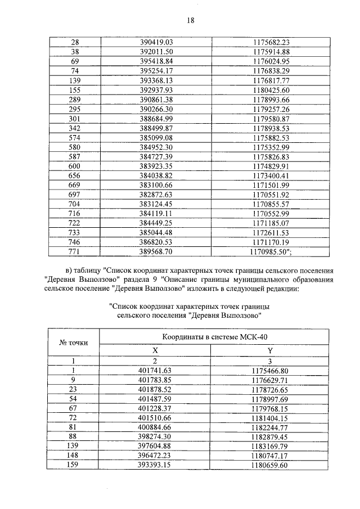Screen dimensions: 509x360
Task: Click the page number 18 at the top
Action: pos(190,20)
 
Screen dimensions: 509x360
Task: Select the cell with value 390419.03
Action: pos(155,42)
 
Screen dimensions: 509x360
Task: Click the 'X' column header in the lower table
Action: pos(155,350)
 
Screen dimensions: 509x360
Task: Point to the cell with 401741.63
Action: pos(155,371)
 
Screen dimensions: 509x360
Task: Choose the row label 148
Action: pos(73,457)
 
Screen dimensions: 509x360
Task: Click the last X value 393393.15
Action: pos(155,466)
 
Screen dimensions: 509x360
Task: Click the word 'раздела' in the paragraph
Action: pos(144,280)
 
